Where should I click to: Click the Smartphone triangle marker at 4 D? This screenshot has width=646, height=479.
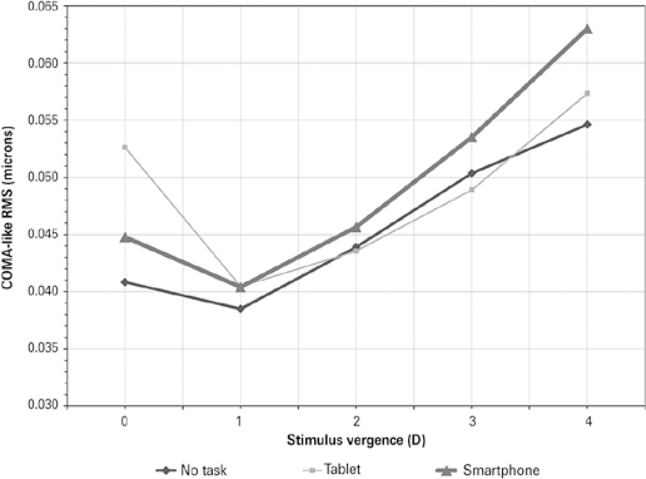click(587, 29)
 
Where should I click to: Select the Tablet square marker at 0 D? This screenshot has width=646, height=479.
click(125, 147)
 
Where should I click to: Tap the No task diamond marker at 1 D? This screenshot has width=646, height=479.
click(240, 309)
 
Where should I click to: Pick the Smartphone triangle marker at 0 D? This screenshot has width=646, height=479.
click(125, 238)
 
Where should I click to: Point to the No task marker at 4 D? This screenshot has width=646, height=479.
click(587, 124)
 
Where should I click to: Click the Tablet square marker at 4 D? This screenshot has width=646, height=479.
click(587, 93)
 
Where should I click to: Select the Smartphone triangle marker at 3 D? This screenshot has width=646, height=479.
click(472, 138)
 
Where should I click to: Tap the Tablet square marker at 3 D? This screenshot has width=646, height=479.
click(472, 190)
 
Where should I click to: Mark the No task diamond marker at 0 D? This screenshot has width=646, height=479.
click(125, 282)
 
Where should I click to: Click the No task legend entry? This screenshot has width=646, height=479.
click(191, 470)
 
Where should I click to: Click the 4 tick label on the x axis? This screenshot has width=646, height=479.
click(588, 422)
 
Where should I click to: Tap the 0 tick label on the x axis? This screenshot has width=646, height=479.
click(124, 422)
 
